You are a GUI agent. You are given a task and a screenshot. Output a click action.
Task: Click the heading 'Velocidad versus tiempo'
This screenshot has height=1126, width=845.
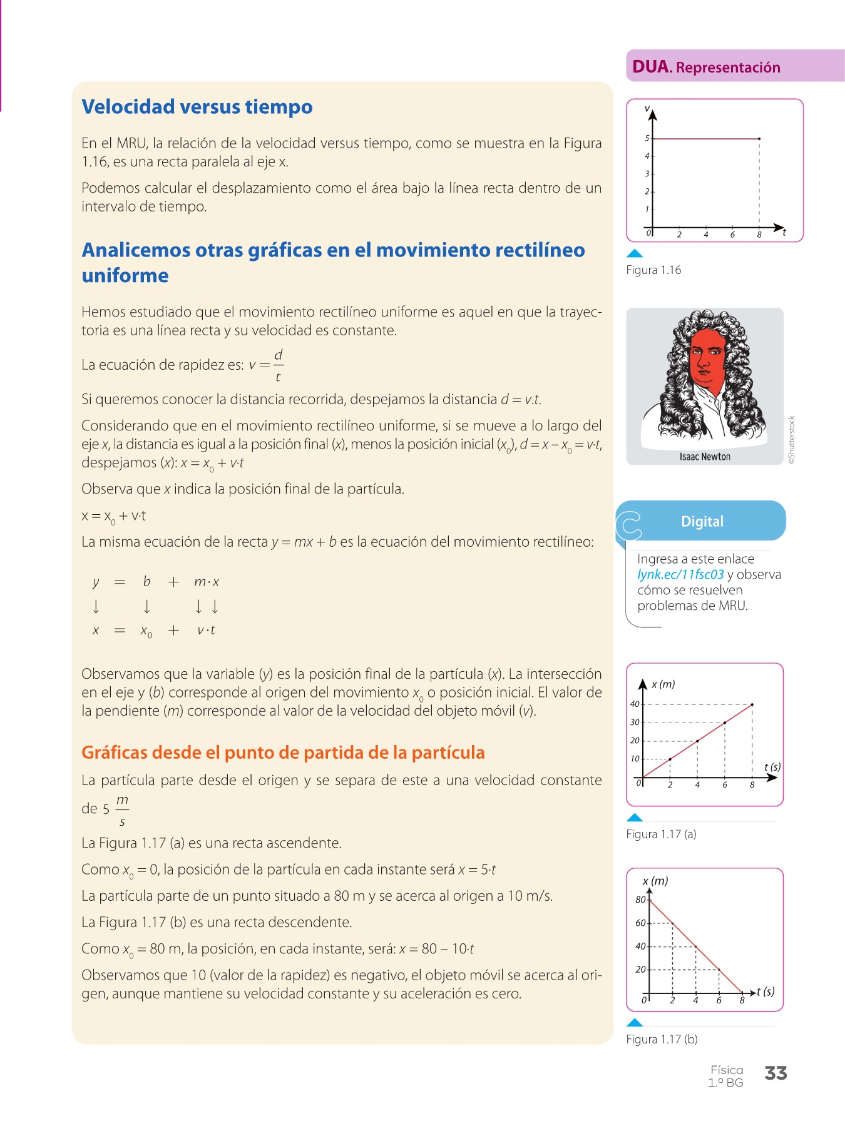(197, 107)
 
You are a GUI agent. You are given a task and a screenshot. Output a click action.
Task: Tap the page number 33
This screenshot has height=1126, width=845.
(776, 1073)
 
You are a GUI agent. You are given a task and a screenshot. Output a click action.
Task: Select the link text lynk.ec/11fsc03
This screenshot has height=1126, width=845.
(680, 575)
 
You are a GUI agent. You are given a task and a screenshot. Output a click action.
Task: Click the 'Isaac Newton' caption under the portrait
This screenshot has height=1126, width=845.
(705, 457)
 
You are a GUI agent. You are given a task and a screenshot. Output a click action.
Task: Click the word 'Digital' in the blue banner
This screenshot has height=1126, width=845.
(702, 522)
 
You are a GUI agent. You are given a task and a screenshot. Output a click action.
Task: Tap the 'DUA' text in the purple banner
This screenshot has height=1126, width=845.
(650, 67)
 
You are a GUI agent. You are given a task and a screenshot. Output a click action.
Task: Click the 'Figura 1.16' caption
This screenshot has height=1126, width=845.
(653, 270)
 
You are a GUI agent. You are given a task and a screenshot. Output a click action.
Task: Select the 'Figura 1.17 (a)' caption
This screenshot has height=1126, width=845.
(661, 834)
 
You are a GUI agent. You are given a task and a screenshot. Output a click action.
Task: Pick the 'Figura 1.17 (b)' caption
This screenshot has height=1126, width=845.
(662, 1040)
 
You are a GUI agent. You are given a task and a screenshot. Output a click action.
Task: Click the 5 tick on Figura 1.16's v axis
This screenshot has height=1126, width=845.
(647, 138)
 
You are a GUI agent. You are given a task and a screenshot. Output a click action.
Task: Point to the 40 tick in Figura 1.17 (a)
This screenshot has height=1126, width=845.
(635, 704)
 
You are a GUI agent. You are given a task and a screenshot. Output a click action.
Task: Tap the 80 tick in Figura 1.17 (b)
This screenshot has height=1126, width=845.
(640, 900)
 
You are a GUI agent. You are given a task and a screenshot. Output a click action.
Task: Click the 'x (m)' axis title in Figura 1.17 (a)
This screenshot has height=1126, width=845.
(663, 684)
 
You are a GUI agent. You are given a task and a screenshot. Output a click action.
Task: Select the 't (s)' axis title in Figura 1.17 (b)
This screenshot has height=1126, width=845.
(766, 992)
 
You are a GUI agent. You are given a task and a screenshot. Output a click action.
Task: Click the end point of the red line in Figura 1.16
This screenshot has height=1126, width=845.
(759, 138)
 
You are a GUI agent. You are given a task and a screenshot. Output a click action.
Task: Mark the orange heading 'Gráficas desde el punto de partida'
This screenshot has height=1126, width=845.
(283, 753)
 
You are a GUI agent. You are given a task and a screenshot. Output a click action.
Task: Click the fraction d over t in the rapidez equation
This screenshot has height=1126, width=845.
(278, 365)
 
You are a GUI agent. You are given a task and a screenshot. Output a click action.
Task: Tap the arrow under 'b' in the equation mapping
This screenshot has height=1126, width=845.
(146, 606)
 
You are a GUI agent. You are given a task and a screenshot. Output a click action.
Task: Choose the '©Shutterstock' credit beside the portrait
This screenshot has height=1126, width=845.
(792, 440)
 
